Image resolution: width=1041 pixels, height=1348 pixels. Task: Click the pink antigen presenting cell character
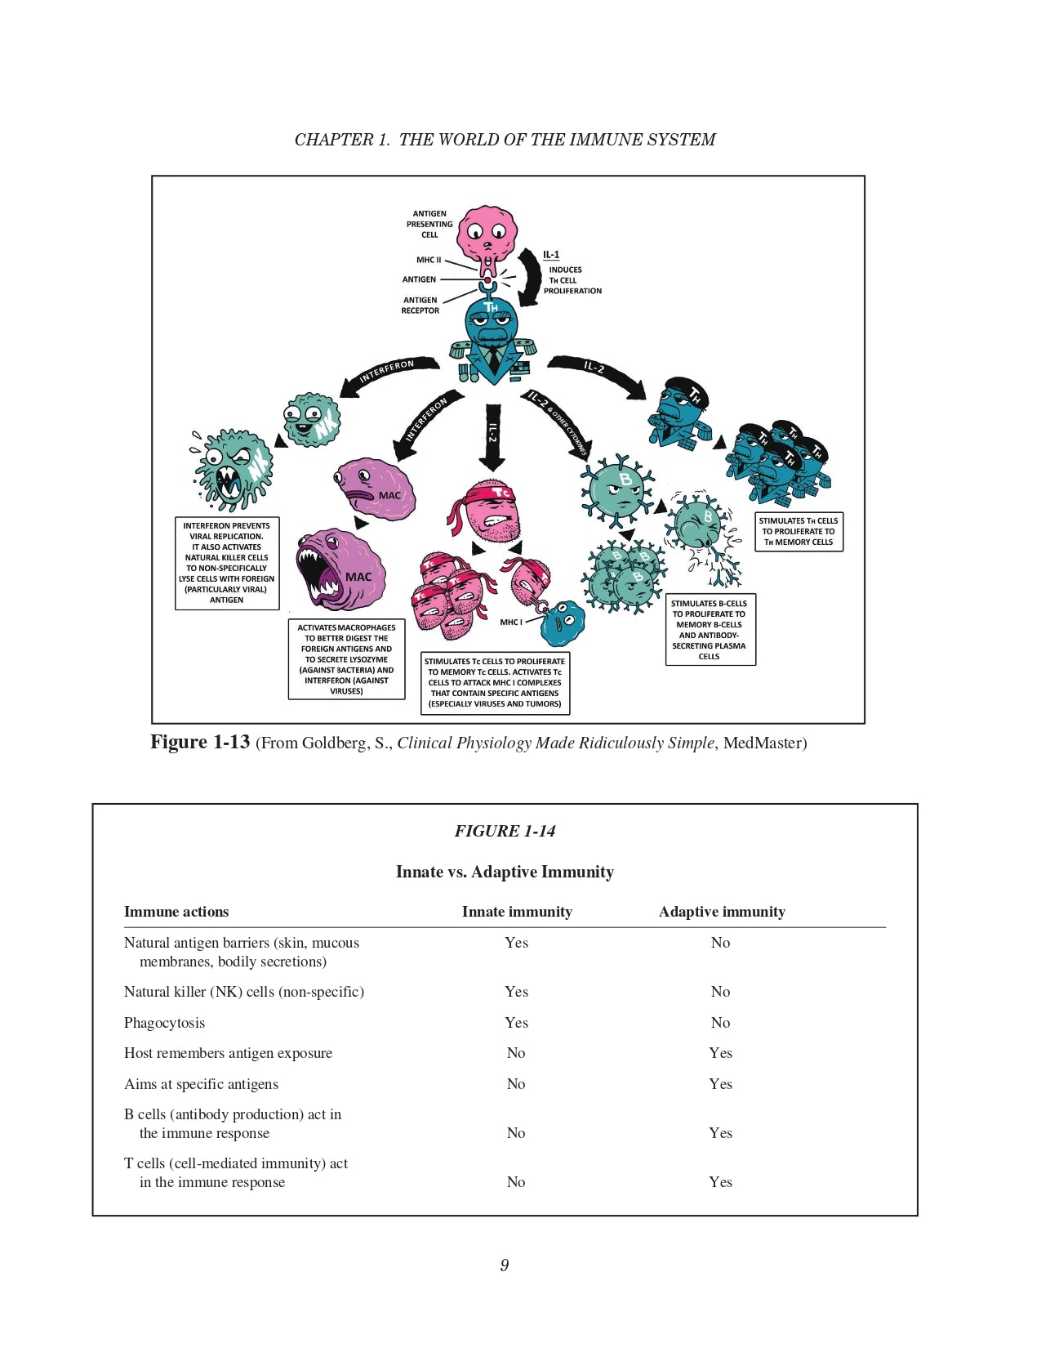[487, 234]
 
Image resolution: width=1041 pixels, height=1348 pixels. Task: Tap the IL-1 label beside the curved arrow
[551, 255]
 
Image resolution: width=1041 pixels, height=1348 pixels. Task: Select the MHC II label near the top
[429, 260]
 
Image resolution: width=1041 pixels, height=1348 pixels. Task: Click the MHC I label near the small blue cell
[511, 622]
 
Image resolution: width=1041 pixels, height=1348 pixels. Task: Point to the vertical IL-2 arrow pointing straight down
[492, 437]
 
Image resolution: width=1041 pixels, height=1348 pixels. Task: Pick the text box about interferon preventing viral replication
[227, 563]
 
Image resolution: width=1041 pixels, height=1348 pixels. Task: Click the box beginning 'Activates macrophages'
[346, 659]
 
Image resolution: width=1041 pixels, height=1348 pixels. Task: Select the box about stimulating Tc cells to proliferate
[495, 682]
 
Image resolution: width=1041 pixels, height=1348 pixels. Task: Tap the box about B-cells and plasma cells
[710, 629]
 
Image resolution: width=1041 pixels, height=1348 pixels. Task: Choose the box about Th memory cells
[799, 531]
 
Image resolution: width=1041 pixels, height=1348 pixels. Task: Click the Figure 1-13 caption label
[200, 742]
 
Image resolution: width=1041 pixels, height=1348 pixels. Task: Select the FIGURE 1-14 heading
[505, 831]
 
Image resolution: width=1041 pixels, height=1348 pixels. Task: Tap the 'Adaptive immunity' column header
[722, 912]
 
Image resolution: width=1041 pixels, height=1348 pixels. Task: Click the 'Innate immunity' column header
[517, 912]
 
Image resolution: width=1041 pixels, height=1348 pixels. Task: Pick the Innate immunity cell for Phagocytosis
[516, 1023]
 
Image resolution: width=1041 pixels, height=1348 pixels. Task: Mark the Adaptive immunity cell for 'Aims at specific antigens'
[720, 1084]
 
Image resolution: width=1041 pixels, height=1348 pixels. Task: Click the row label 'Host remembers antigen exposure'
[228, 1053]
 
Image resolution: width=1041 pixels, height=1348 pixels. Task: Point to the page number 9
[505, 1265]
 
